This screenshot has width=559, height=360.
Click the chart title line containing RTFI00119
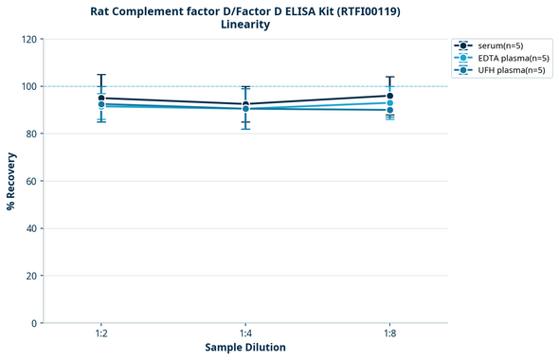[245, 11]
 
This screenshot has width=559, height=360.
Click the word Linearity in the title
[245, 26]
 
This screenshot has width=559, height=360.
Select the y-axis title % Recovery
[11, 180]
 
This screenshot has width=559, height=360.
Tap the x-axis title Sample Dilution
[245, 348]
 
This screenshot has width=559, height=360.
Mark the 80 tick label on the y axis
[28, 134]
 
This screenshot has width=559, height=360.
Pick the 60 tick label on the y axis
[28, 181]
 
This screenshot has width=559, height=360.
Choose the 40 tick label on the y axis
[28, 228]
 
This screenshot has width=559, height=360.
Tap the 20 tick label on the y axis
[28, 276]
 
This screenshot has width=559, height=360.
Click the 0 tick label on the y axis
[32, 323]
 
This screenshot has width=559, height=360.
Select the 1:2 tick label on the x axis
[101, 333]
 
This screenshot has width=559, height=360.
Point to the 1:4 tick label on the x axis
[245, 333]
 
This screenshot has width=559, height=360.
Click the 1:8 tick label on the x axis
[389, 333]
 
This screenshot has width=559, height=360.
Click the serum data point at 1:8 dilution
[389, 96]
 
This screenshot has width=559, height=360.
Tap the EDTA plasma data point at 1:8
[389, 102]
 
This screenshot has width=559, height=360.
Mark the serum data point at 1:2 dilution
[101, 98]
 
